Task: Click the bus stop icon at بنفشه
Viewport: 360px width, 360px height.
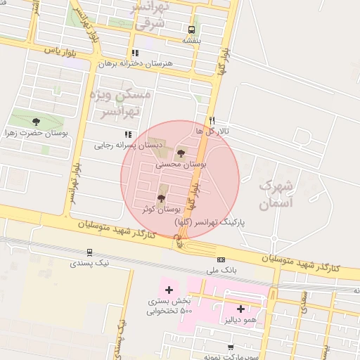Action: coord(192,30)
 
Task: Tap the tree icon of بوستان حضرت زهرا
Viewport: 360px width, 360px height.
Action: coord(37,122)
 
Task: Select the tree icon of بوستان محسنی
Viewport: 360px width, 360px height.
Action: coord(181,153)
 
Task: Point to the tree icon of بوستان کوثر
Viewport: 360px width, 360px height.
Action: coord(161,198)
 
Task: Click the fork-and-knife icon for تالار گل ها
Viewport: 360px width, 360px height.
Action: coord(212,120)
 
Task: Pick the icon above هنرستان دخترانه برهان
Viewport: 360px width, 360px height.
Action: coord(135,53)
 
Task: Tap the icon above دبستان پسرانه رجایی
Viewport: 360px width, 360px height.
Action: coord(127,134)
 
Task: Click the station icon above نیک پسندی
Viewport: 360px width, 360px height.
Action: coord(89,252)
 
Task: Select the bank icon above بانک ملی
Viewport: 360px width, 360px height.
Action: coord(221,259)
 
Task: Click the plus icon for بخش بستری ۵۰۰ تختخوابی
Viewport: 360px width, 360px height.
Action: coord(168,290)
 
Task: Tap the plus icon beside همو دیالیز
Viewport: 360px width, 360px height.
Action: coord(240,308)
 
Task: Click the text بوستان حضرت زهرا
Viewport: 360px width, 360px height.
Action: coord(37,132)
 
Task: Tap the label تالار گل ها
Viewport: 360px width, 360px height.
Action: coord(223,131)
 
